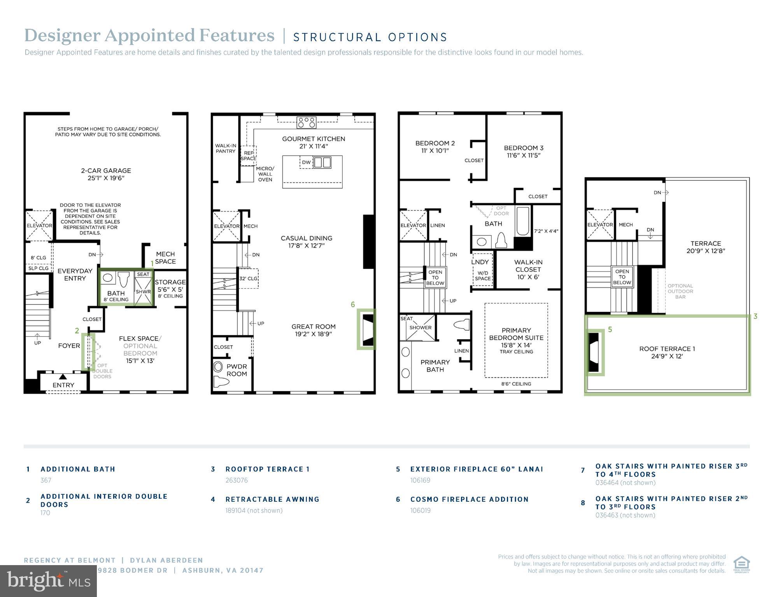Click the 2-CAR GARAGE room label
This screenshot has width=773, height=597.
pos(106,174)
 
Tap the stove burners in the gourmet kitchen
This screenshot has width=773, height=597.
pos(307,123)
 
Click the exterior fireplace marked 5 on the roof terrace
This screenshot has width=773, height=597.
pos(594,352)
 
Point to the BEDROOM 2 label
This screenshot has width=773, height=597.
pos(435,147)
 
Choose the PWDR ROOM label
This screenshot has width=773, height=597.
pos(237,370)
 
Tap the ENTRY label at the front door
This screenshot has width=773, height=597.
pos(63,385)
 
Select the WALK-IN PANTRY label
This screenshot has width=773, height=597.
pos(226,149)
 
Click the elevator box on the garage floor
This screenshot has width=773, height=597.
pos(39,225)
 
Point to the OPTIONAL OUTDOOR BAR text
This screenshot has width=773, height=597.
pos(680,291)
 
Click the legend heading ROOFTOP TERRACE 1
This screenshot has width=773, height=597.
pos(267,469)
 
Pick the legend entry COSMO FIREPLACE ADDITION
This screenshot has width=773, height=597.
pos(469,499)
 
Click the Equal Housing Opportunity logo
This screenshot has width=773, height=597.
pos(741,564)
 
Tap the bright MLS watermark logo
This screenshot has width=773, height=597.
pos(48,581)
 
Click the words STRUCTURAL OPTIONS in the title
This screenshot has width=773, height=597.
pos(370,37)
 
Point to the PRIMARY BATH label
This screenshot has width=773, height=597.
pos(435,366)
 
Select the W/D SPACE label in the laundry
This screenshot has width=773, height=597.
pos(482,276)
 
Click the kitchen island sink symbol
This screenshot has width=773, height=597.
pos(322,162)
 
